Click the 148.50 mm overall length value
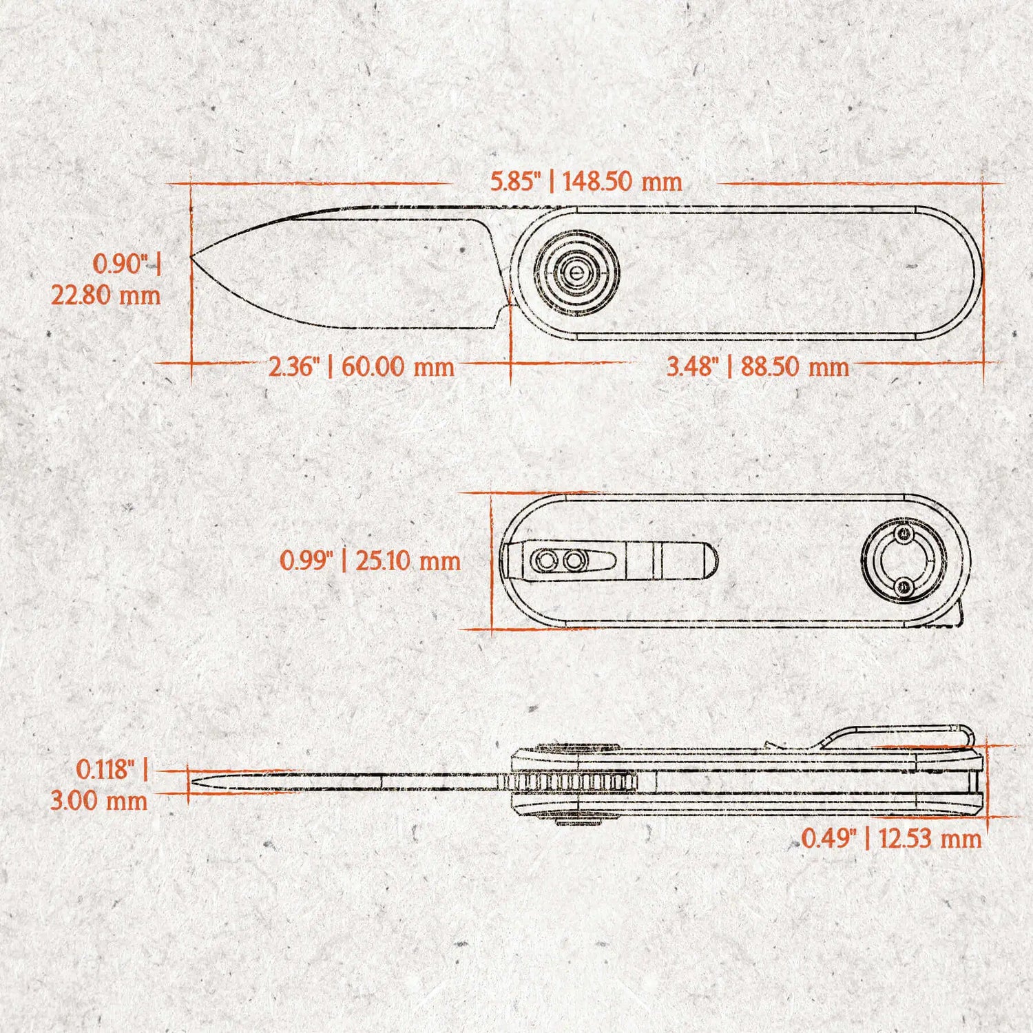pos(622,182)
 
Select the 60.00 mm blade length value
pos(397,366)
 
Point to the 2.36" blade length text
pos(294,366)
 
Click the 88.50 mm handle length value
pos(795,366)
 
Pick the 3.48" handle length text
pos(693,366)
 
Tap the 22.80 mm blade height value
pos(105,295)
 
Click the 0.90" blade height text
pos(121,264)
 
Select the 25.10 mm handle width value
pos(408,561)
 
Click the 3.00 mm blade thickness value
pos(98,801)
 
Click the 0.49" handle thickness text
pos(829,839)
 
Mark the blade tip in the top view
pos(192,257)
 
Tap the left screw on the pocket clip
pos(546,561)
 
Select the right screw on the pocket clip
pos(574,561)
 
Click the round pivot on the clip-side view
pos(904,561)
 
